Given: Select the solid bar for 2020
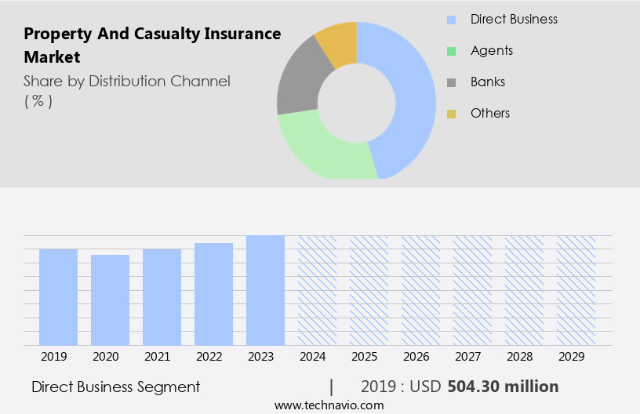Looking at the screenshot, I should tap(110, 300).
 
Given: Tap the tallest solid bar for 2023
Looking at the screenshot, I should tap(265, 290).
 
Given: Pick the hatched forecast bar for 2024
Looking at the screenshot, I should tap(317, 290).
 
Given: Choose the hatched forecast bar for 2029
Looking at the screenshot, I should tap(576, 290).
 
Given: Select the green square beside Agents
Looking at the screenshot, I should tap(451, 51).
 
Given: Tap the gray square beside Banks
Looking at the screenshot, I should tap(451, 82).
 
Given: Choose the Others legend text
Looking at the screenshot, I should tap(490, 113).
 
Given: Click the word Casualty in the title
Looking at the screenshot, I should tap(166, 34).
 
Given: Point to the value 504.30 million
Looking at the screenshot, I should tap(503, 387).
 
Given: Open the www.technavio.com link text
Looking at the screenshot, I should tap(329, 405).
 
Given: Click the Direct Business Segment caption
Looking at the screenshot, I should tap(115, 387).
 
